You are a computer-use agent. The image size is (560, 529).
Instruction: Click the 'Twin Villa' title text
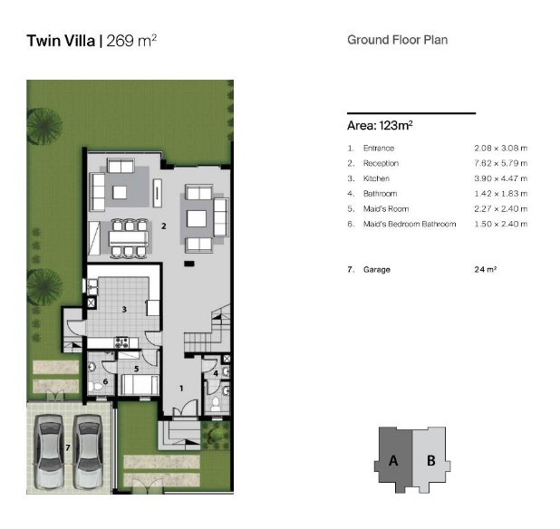62,41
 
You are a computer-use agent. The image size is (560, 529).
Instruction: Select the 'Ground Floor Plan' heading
397,40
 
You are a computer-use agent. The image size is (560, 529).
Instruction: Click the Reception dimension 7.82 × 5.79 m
500,163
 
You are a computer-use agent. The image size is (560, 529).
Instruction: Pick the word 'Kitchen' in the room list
376,178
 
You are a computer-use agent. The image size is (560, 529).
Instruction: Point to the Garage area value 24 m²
486,270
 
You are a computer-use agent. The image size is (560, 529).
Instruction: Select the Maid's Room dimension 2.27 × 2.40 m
500,209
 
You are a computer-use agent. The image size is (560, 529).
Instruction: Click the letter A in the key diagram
393,460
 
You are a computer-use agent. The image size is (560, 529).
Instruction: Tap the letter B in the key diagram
431,460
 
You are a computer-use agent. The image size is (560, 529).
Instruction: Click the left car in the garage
51,450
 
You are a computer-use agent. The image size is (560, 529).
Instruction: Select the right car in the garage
88,450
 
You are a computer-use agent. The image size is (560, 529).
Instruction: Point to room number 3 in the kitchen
125,309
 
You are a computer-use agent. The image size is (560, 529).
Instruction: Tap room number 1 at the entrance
180,388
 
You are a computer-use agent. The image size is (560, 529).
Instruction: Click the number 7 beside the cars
67,448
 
